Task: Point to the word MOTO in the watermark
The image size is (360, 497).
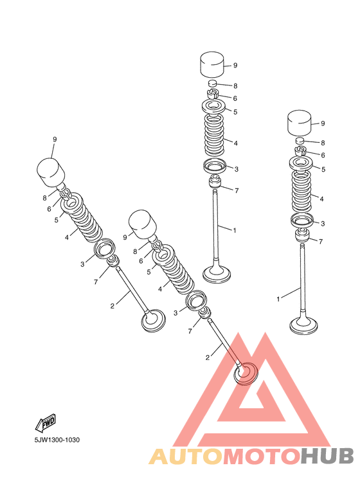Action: [x=260, y=456]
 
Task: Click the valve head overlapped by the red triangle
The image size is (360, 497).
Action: [x=245, y=373]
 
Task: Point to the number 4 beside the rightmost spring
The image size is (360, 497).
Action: [x=321, y=199]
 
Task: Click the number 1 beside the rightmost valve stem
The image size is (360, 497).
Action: [x=278, y=299]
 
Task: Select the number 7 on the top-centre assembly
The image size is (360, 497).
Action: [x=237, y=191]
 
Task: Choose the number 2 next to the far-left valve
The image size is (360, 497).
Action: [x=112, y=306]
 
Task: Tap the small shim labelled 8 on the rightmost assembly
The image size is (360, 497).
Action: [x=300, y=141]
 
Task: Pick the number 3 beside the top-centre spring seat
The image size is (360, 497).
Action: [x=236, y=168]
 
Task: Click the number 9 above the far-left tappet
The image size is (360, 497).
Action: [x=55, y=140]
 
